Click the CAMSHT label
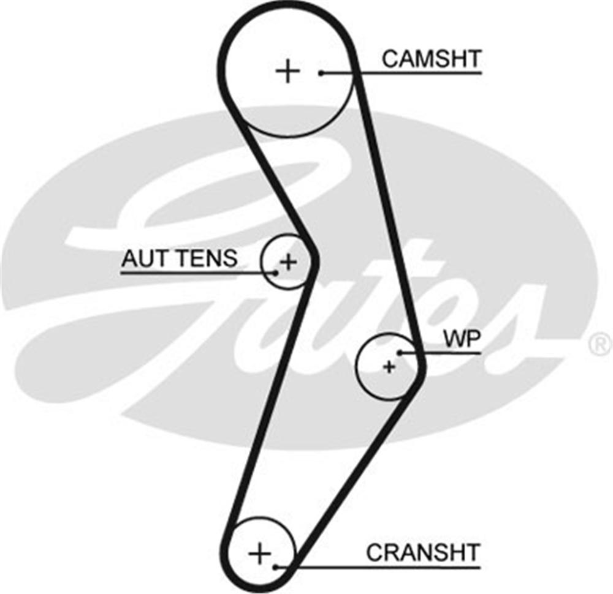(x=431, y=59)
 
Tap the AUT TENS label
(x=180, y=258)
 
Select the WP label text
(x=462, y=339)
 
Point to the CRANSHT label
(x=423, y=552)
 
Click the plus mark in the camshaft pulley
(x=287, y=72)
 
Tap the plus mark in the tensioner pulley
(x=289, y=261)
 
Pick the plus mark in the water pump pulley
(x=389, y=367)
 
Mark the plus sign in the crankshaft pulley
(x=259, y=554)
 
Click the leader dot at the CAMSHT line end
(x=321, y=73)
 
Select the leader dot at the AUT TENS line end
(x=276, y=273)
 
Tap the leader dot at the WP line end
(x=400, y=353)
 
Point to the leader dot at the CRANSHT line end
(x=276, y=567)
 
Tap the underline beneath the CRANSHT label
(x=378, y=567)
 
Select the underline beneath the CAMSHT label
(x=401, y=73)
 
